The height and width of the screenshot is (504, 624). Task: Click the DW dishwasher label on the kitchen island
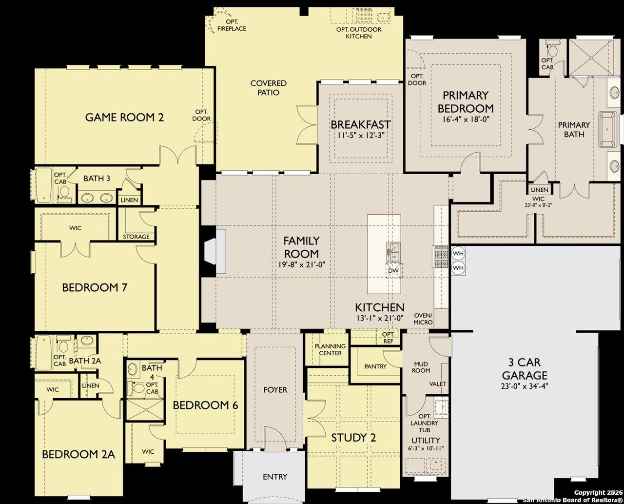point(393,271)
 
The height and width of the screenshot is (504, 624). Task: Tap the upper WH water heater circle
point(458,254)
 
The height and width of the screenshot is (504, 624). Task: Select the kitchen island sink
point(394,252)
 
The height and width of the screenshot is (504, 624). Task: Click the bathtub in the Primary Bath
point(608,129)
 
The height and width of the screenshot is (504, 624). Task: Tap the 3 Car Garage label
point(525,369)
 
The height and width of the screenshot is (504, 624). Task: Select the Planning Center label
point(330,349)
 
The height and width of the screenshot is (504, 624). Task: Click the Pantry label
point(375,366)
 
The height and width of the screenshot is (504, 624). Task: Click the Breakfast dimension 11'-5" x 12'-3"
point(360,136)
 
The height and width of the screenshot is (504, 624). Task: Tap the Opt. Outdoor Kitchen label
point(359,33)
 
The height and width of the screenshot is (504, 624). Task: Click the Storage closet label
point(136,237)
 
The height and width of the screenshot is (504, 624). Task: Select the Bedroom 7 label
point(95,287)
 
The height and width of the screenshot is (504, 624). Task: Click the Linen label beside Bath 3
point(130,200)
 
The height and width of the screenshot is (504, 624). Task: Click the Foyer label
point(275,390)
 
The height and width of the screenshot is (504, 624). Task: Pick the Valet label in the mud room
point(437,384)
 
